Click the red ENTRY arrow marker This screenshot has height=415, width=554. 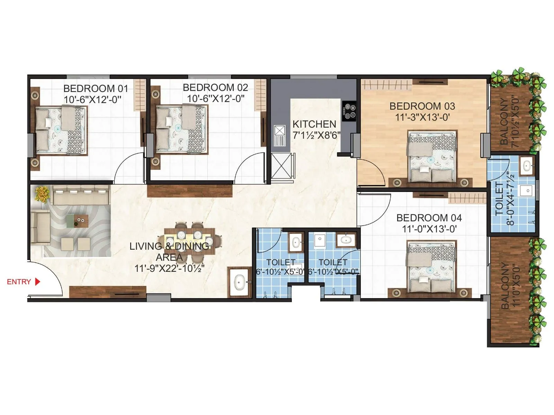[38, 282]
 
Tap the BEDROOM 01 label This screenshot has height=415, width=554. [96, 89]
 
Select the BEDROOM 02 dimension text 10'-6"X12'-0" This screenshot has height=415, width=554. [215, 99]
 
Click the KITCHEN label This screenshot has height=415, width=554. [314, 124]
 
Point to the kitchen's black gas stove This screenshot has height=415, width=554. [349, 111]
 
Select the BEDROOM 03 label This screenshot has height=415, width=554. [422, 106]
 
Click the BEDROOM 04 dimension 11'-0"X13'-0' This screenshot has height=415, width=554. [429, 229]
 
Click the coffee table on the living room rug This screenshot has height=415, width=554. [79, 220]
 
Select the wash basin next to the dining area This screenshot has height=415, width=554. [239, 282]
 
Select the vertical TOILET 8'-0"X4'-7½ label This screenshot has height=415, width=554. [504, 199]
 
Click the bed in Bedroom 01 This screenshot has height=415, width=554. [60, 130]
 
